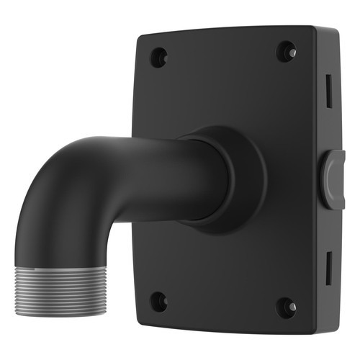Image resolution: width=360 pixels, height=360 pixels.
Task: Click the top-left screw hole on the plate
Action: pos(158,57)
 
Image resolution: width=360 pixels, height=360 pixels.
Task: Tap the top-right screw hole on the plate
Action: pos(286,52)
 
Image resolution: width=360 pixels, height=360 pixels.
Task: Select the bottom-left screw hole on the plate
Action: pos(159,301)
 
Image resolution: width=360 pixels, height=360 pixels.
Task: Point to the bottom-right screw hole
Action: pos(287,307)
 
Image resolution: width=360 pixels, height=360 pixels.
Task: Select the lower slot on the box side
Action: pos(328,266)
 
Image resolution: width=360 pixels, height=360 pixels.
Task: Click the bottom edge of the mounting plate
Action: pos(223,328)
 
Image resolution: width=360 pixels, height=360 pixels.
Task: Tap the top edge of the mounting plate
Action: pos(223,31)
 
